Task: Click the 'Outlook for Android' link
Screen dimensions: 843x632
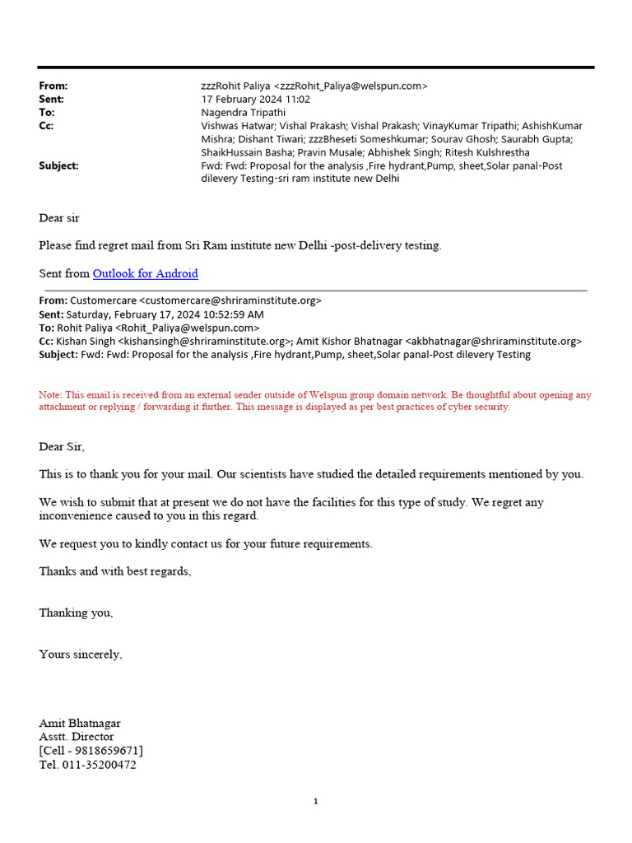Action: coord(145,273)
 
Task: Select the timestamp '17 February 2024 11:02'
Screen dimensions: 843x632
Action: coord(256,99)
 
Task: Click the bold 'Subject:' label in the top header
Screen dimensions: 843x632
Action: coord(58,165)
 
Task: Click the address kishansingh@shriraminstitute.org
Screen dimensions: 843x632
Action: coord(205,341)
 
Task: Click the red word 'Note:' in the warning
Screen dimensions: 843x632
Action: coord(50,395)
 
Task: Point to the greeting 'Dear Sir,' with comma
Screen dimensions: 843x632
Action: coord(62,446)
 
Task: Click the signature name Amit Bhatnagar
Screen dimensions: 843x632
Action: coord(80,723)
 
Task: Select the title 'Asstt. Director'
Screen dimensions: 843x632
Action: coord(77,737)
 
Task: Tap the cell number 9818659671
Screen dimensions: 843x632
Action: coord(109,751)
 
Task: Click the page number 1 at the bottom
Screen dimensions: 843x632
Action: coord(315,802)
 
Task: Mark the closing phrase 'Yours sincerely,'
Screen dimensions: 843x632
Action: coord(81,654)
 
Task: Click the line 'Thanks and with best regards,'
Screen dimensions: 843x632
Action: coord(114,571)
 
